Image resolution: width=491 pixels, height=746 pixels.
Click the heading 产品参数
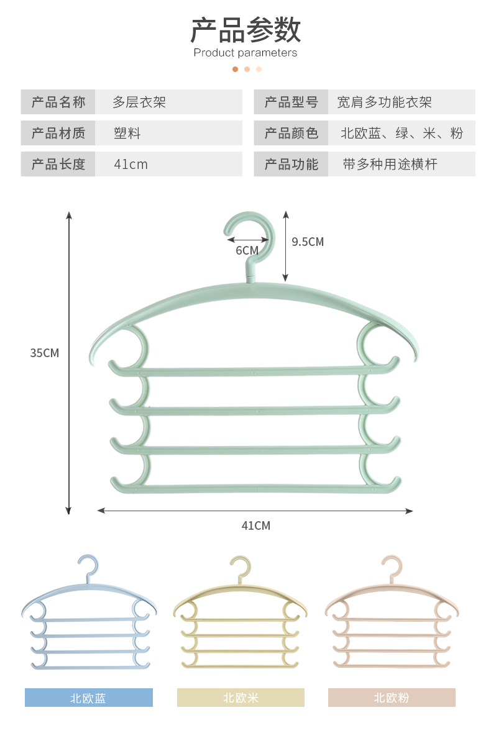click(245, 29)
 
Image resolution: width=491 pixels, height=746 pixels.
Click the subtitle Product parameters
click(245, 53)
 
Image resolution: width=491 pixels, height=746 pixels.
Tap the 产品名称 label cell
click(58, 102)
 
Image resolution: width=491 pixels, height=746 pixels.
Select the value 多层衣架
click(139, 102)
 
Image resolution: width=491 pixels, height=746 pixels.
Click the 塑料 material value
click(127, 133)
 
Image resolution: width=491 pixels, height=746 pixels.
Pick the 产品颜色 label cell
click(291, 133)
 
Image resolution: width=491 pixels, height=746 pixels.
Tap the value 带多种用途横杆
click(390, 164)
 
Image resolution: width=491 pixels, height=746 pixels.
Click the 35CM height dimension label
click(45, 353)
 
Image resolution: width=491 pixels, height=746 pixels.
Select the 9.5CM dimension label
click(308, 242)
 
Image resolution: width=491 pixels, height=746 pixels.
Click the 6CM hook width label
click(247, 250)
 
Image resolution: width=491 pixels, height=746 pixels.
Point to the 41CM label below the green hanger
click(255, 525)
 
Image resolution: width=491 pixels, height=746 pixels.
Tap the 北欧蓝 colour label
click(88, 698)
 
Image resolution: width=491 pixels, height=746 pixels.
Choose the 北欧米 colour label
click(241, 698)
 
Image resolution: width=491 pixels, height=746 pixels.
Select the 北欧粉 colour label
click(392, 698)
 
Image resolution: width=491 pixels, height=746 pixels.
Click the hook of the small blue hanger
click(88, 565)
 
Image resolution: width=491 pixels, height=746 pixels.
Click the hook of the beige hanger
click(240, 566)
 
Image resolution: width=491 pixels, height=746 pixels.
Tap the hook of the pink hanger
click(392, 566)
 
